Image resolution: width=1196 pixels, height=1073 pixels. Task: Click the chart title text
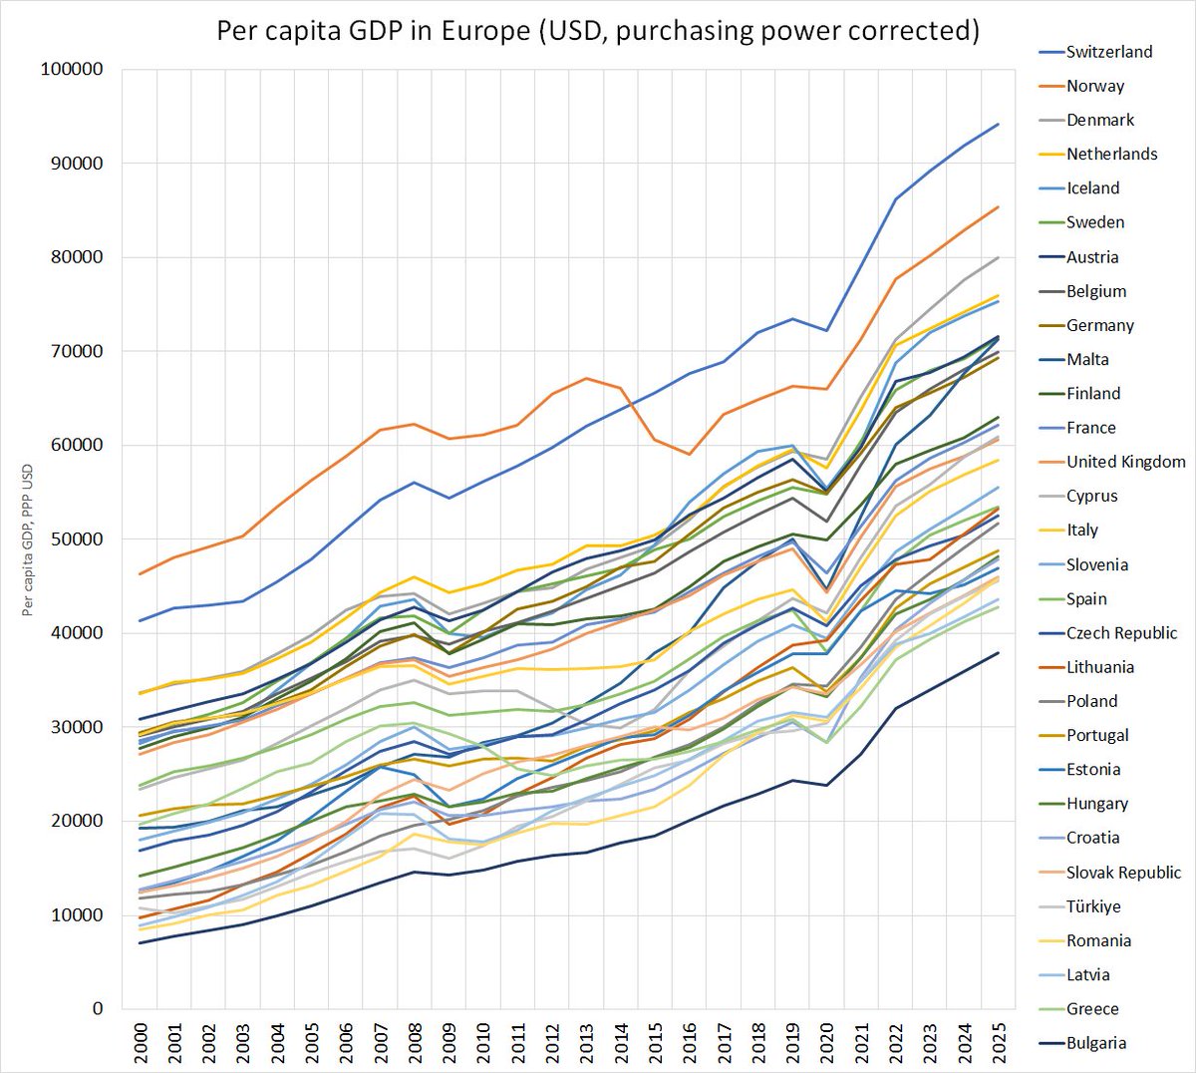598,31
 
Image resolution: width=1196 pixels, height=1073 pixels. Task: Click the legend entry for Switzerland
1108,52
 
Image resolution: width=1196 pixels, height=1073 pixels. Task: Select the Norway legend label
1094,86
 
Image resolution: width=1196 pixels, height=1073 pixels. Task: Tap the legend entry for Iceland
1092,188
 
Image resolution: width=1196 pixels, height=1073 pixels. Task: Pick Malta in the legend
1086,359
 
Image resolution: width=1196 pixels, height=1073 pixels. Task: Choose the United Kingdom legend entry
1125,462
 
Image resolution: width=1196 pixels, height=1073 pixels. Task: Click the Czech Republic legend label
1121,633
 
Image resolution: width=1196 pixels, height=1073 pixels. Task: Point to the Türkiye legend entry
1092,906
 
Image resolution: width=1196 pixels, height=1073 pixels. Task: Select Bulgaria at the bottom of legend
1095,1043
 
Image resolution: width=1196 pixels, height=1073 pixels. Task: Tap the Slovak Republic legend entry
1123,873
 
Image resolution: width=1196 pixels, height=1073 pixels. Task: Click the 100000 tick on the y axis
71,70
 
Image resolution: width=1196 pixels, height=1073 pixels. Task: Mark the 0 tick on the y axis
98,1009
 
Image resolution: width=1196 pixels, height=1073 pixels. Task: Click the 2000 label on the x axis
140,1042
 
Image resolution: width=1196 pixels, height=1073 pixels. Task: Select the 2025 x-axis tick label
998,1042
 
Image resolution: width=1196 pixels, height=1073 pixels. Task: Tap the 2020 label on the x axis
826,1042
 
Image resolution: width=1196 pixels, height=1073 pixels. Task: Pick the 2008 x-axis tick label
414,1042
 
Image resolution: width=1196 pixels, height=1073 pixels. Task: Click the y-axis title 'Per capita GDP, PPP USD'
28,539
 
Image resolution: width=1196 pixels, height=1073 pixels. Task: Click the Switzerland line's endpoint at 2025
998,125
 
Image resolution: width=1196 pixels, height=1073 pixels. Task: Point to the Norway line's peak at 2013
587,378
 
